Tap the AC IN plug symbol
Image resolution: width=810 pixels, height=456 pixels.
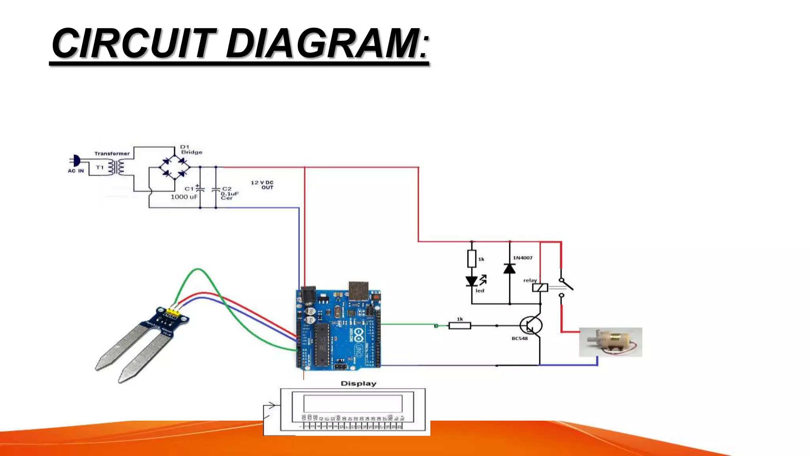(76, 161)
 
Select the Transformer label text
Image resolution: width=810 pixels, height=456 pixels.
(112, 154)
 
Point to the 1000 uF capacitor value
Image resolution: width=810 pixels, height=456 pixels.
(184, 197)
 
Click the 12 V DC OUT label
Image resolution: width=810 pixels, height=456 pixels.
(262, 185)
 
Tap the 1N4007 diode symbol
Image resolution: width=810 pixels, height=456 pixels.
(509, 269)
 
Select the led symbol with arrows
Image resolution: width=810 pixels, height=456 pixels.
(472, 281)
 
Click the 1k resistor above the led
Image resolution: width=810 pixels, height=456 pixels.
(471, 259)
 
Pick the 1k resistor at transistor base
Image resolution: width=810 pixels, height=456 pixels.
(460, 326)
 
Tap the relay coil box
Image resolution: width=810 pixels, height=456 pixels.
(540, 288)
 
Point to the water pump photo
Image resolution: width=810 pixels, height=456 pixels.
(610, 342)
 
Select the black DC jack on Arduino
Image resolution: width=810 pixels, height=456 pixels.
(308, 295)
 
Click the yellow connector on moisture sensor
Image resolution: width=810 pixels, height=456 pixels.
(172, 312)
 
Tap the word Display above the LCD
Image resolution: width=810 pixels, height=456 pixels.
(358, 384)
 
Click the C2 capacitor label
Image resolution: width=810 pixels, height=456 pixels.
(227, 189)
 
